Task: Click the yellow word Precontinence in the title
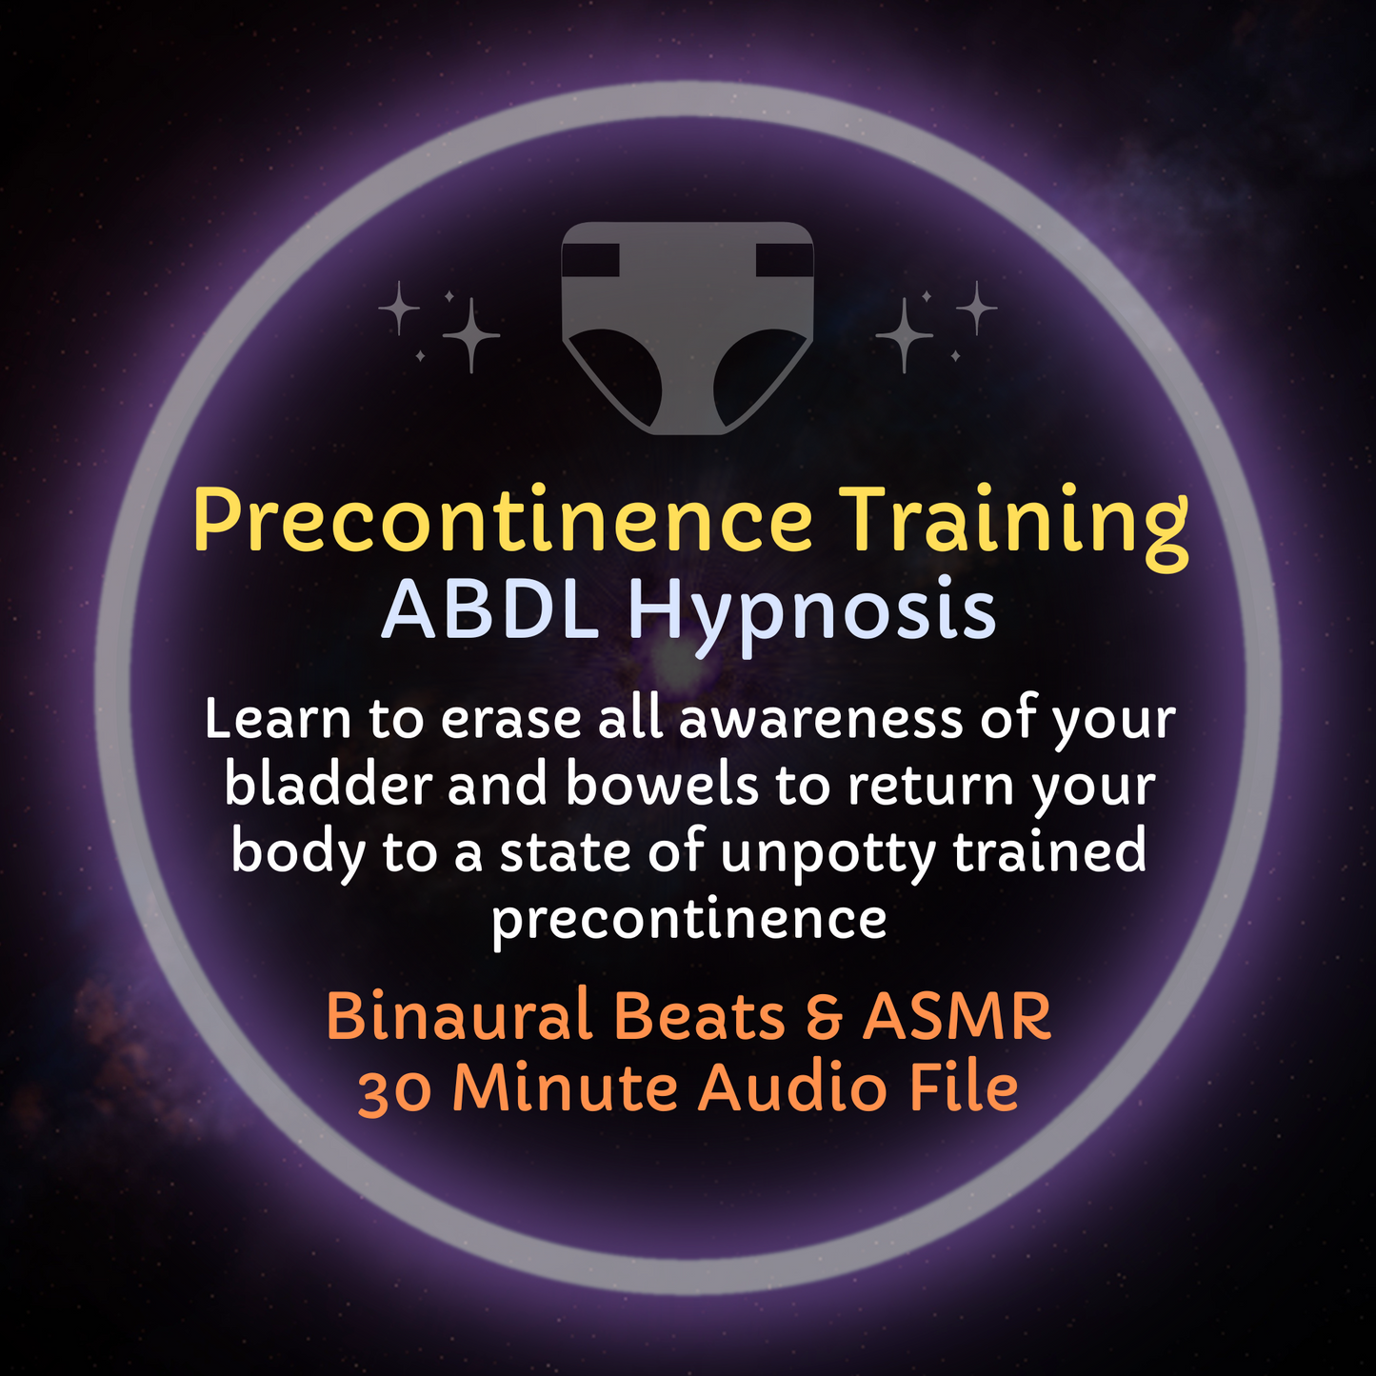[502, 522]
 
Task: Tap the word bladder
[328, 786]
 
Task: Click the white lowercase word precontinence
[688, 919]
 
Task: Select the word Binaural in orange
[461, 1016]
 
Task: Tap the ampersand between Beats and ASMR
[824, 1017]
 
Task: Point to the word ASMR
[956, 1016]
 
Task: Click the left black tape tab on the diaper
[590, 260]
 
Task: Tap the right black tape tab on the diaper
[785, 260]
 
